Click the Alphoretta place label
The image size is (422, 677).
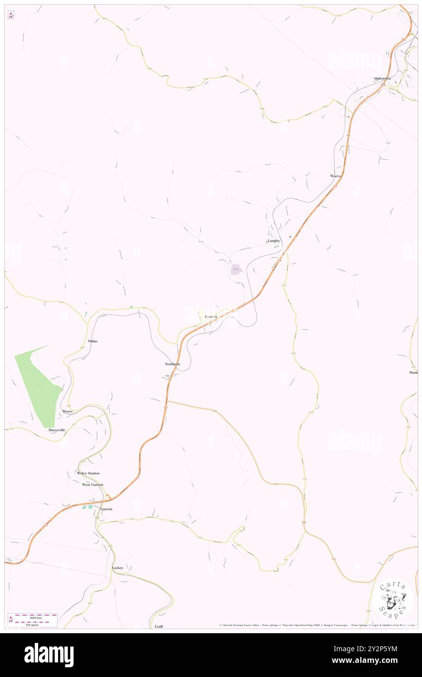tap(382, 78)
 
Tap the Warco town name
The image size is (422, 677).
tap(335, 175)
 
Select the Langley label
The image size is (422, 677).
tap(274, 241)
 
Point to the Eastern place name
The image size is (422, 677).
tap(211, 317)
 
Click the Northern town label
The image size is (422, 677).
tap(172, 364)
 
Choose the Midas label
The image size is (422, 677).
tap(93, 341)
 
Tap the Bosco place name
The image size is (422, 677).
tap(67, 412)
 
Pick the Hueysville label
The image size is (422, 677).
tap(57, 430)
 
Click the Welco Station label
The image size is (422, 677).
tap(88, 473)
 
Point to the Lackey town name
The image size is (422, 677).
tap(117, 567)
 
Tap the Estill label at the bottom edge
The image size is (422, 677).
tap(159, 626)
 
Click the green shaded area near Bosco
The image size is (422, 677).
tap(39, 385)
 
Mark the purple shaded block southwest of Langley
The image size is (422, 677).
tap(235, 271)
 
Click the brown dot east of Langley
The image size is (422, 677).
tap(290, 237)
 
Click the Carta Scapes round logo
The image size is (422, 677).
tap(392, 600)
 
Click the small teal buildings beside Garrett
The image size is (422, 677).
tap(88, 507)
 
